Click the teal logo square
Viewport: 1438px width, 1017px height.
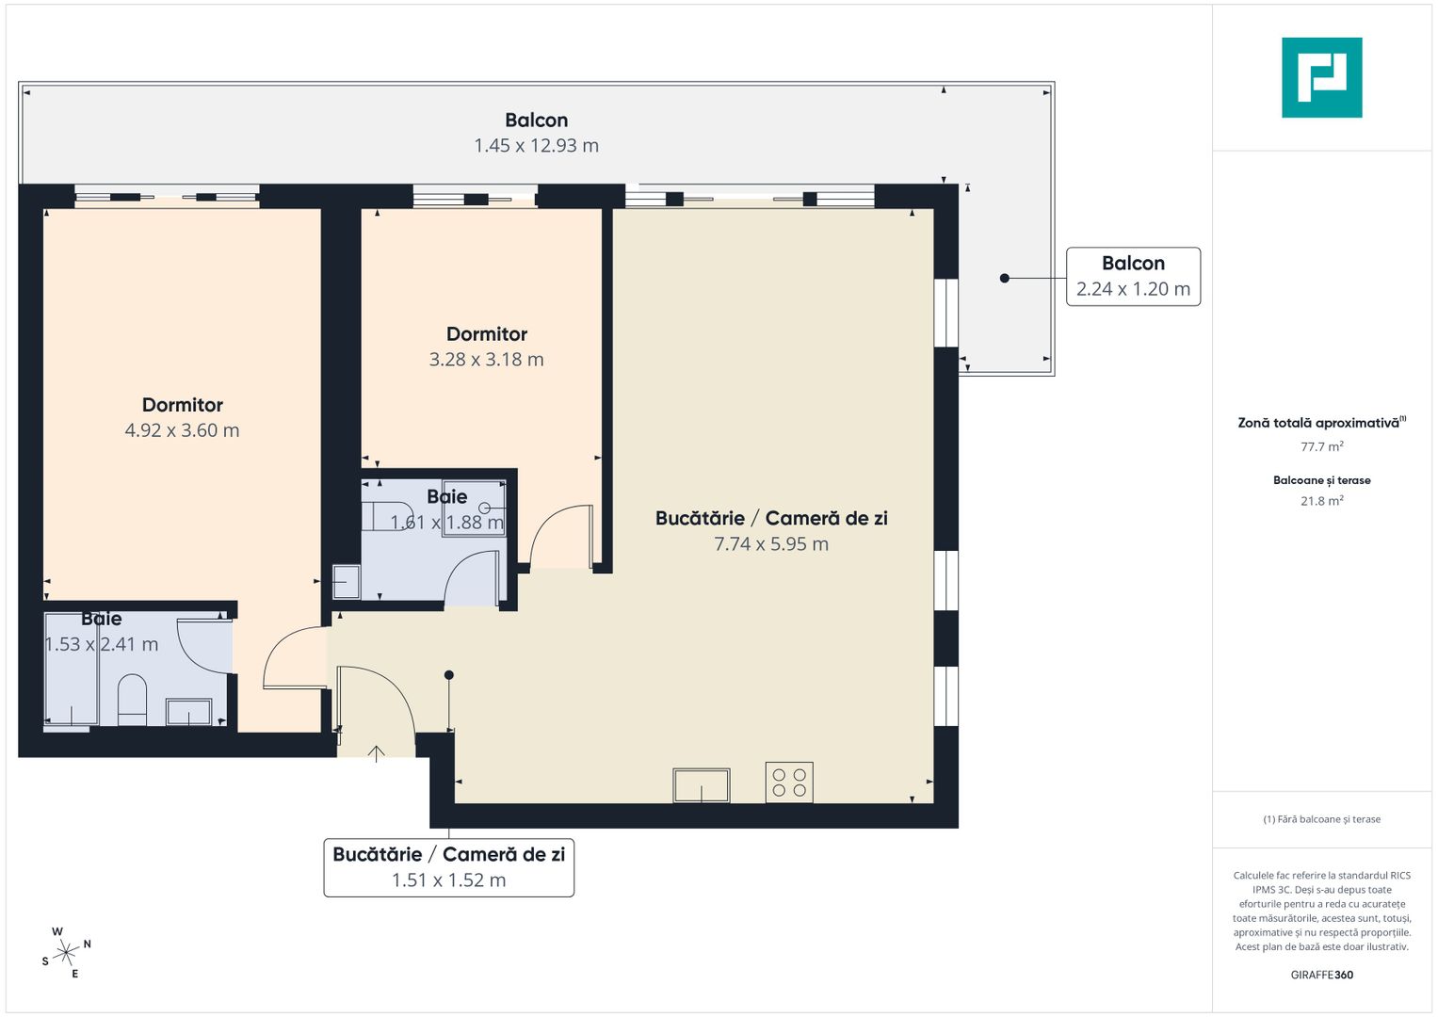[x=1321, y=77]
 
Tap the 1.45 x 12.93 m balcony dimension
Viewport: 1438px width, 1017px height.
[x=536, y=146]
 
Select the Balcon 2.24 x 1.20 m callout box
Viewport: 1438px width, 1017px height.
[x=1133, y=277]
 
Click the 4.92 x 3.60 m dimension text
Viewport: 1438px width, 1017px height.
[x=182, y=430]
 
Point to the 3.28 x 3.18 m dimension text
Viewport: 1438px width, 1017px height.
[x=486, y=360]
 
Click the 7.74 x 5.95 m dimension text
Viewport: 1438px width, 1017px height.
[x=770, y=544]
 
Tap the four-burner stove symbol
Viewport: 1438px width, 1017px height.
[x=789, y=783]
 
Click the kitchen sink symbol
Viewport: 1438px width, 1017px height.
[x=701, y=785]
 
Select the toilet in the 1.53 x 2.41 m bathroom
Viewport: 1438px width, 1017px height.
[x=132, y=699]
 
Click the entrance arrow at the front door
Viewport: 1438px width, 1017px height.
[x=377, y=752]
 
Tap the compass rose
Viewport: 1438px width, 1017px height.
[x=66, y=953]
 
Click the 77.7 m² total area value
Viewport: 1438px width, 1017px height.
[x=1321, y=447]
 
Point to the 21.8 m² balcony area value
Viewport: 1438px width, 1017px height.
[x=1321, y=501]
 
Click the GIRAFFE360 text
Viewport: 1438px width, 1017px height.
[x=1321, y=975]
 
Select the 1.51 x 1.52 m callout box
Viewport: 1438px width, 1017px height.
[x=448, y=867]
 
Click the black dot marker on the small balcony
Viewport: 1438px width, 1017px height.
[x=1005, y=279]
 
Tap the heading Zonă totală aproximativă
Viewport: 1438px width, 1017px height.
[x=1318, y=423]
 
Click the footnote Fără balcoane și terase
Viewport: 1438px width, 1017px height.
[x=1321, y=819]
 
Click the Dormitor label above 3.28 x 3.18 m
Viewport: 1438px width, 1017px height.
[x=486, y=334]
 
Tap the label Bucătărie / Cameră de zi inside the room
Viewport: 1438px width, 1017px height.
[x=770, y=518]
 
